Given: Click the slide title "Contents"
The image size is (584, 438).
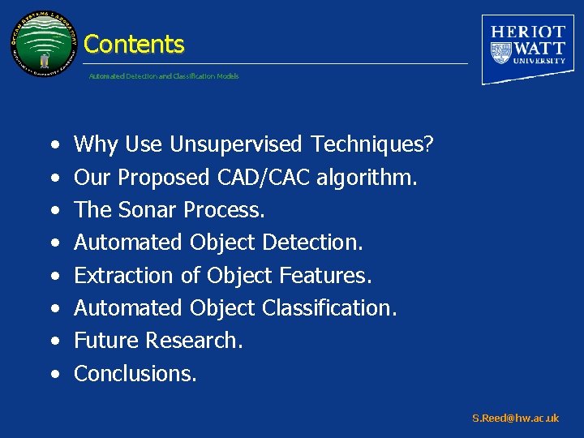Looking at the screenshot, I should click(x=134, y=44).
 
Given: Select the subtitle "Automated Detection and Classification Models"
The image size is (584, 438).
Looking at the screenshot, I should click(x=164, y=76).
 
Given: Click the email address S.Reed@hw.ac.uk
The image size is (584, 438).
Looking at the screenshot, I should click(x=516, y=419).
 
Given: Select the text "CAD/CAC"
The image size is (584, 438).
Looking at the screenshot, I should click(x=264, y=178).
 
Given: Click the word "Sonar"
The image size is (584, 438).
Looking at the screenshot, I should click(x=148, y=210).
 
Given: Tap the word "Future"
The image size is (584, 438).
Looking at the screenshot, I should click(x=106, y=341).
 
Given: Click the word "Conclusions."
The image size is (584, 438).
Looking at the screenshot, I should click(x=135, y=373).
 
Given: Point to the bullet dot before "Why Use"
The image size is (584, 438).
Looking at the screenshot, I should click(x=54, y=146).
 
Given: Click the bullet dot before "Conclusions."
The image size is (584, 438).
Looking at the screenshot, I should click(x=54, y=375).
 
